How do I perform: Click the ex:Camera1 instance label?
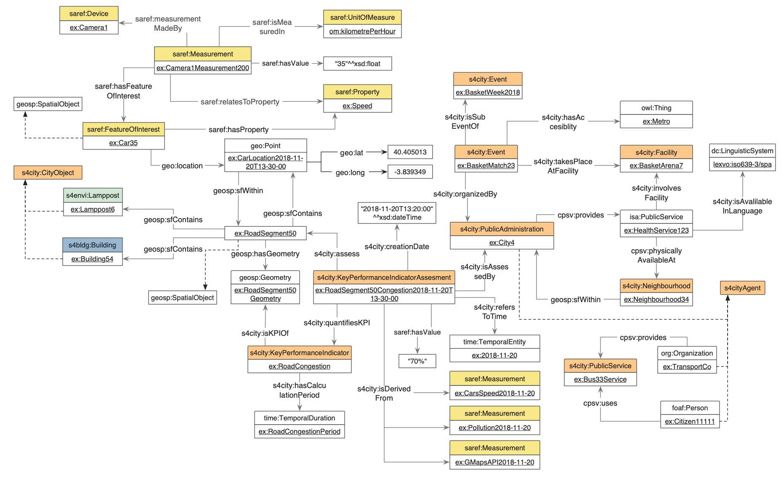point(89,27)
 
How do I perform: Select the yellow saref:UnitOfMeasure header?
point(362,17)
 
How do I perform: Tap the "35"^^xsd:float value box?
point(358,64)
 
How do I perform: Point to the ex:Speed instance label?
point(357,106)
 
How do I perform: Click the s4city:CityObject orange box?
point(48,173)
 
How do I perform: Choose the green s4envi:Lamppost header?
point(93,195)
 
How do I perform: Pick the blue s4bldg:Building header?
point(93,245)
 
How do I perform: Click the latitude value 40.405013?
point(410,152)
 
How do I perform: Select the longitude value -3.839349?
point(410,172)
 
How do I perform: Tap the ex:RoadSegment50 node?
point(265,233)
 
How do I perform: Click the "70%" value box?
point(417,361)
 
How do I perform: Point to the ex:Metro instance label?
point(656,121)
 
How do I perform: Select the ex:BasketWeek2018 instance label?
point(488,92)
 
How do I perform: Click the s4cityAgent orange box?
point(742,288)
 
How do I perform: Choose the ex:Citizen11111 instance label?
point(690,421)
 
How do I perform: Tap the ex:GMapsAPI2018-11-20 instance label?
point(494,462)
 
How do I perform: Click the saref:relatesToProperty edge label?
point(240,102)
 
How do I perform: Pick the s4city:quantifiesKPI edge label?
point(337,323)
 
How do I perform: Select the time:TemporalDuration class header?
point(299,418)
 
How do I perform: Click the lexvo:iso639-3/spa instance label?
point(742,164)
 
